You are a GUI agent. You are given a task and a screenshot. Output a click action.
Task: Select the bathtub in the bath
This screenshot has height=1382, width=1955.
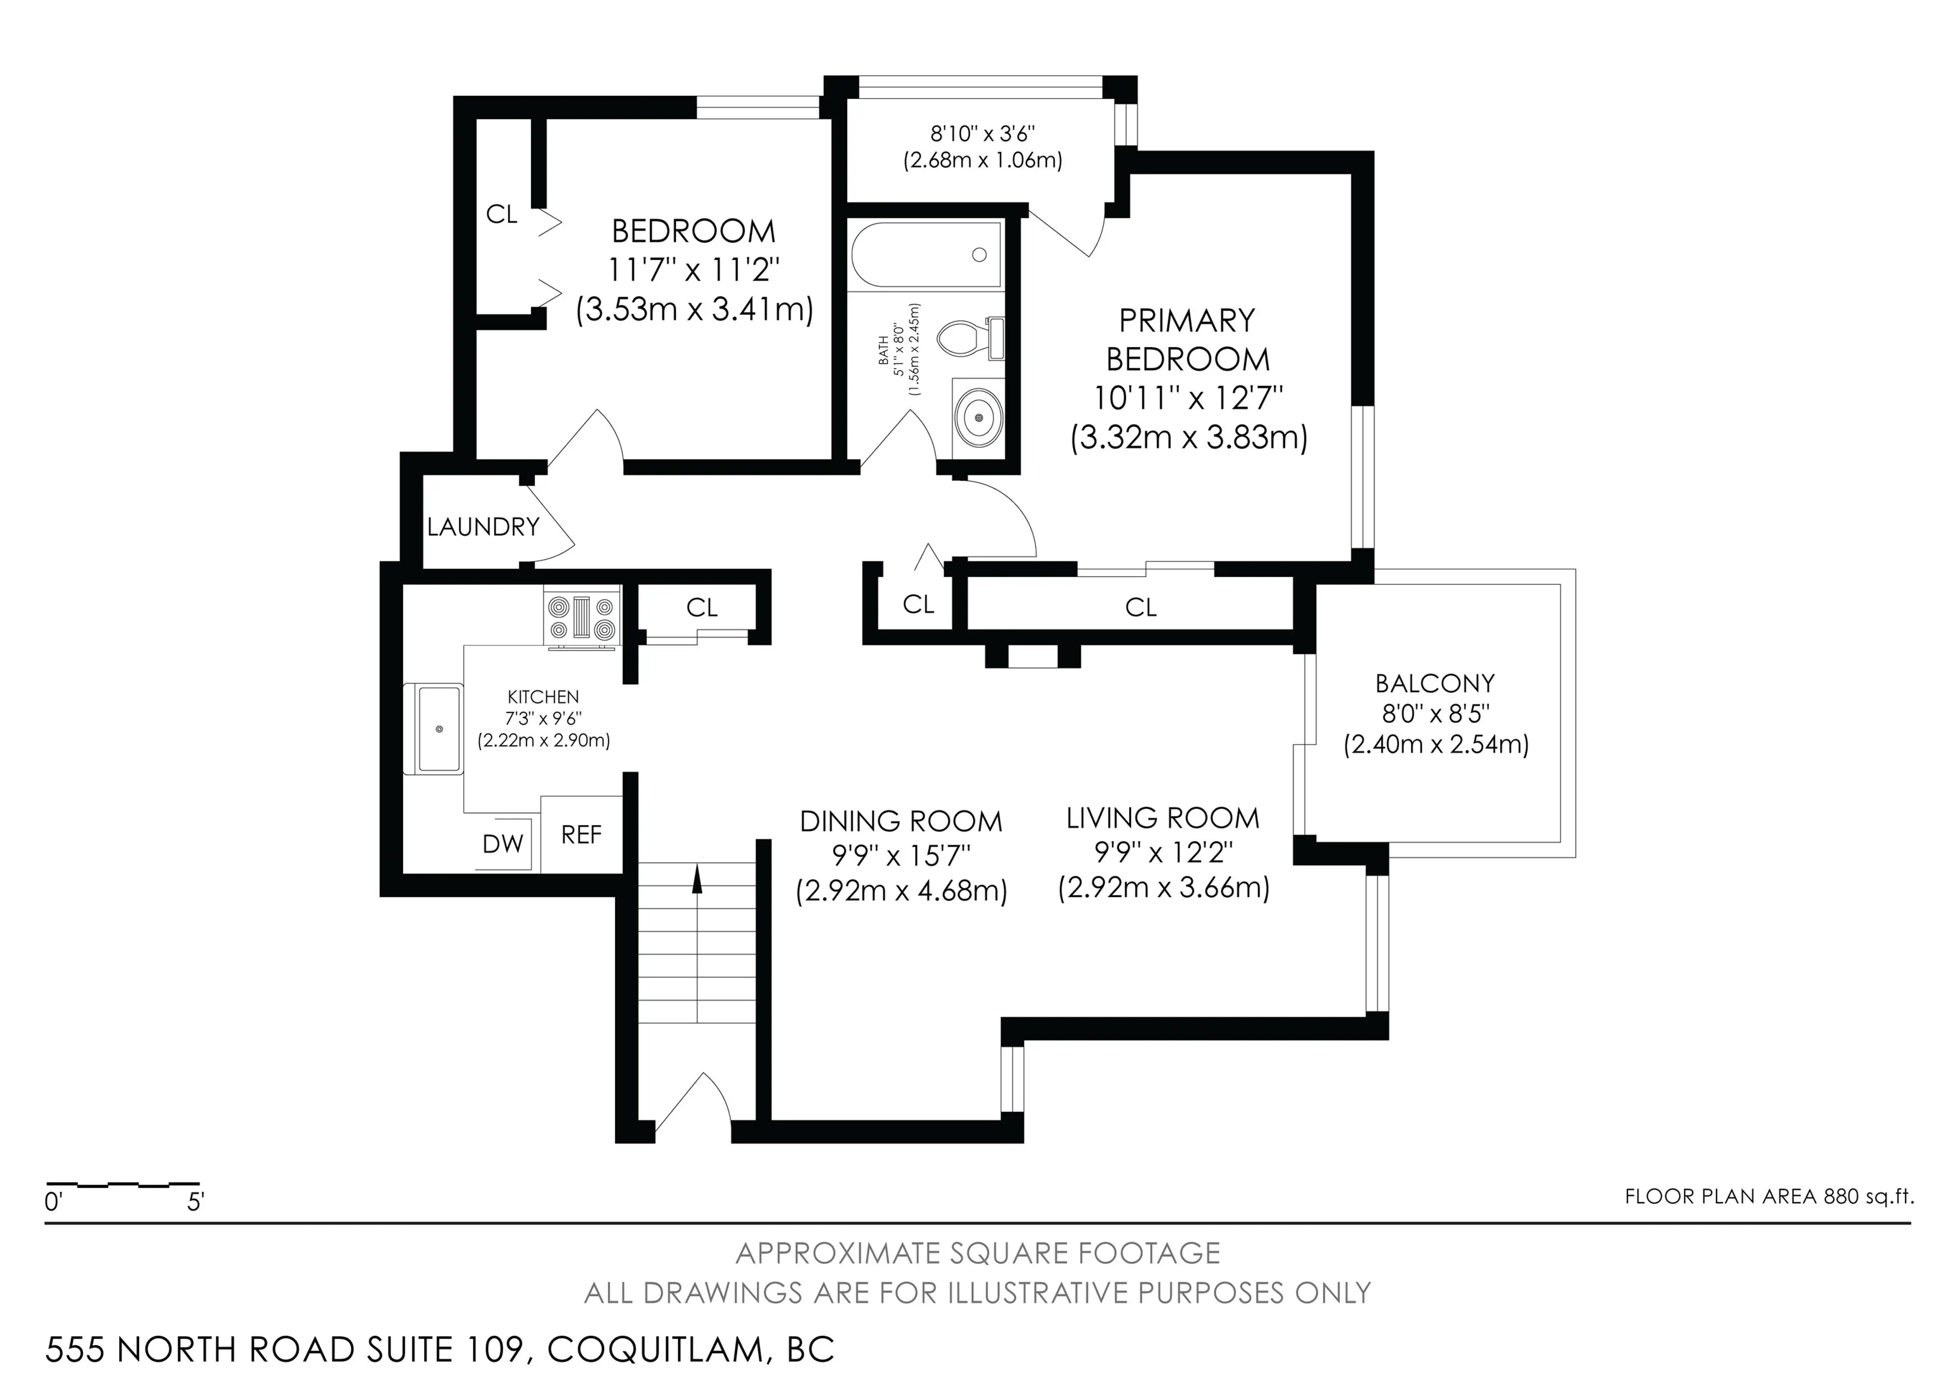(926, 255)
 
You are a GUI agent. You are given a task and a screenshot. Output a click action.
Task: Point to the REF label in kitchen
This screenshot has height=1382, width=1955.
(581, 835)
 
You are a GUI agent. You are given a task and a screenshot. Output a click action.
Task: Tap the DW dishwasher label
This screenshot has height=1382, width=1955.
(502, 844)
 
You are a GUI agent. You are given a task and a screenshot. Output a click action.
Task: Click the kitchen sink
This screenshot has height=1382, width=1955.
(438, 730)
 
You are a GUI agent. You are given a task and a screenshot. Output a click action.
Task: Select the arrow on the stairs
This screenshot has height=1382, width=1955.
(697, 879)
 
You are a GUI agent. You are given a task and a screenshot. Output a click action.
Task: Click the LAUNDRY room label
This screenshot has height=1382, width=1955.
(483, 527)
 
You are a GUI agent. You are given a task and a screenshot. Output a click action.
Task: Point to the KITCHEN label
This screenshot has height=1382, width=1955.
(543, 697)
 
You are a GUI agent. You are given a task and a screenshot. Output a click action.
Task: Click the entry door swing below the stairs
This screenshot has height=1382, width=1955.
(691, 1103)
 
